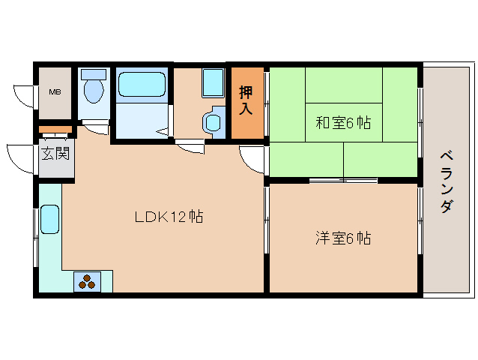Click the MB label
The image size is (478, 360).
point(55,93)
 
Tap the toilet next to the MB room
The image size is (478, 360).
point(94,91)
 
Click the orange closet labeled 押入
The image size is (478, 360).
point(246,101)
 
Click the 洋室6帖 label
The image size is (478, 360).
point(343,238)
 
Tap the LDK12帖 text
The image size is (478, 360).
point(169,217)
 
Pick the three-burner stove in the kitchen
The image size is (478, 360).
point(87,281)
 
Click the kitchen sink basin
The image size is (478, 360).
point(49,220)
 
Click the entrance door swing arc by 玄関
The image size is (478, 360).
point(20,155)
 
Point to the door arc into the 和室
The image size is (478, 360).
point(252,157)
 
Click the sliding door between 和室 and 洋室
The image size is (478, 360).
point(342,180)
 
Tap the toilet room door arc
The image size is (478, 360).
point(96,127)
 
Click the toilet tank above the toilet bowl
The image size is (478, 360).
point(94,74)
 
